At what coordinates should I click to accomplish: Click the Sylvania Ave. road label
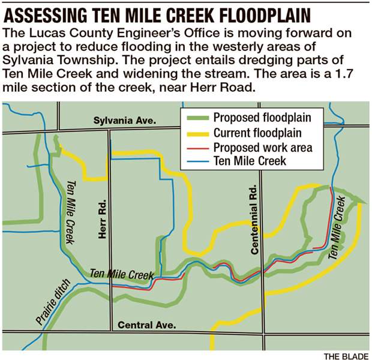click(125, 121)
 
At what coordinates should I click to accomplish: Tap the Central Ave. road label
click(147, 325)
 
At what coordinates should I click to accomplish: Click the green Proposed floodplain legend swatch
click(198, 116)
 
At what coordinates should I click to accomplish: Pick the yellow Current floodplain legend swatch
click(198, 132)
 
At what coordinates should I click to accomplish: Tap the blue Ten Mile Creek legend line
click(198, 161)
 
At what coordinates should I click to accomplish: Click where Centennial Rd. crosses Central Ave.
click(262, 332)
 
